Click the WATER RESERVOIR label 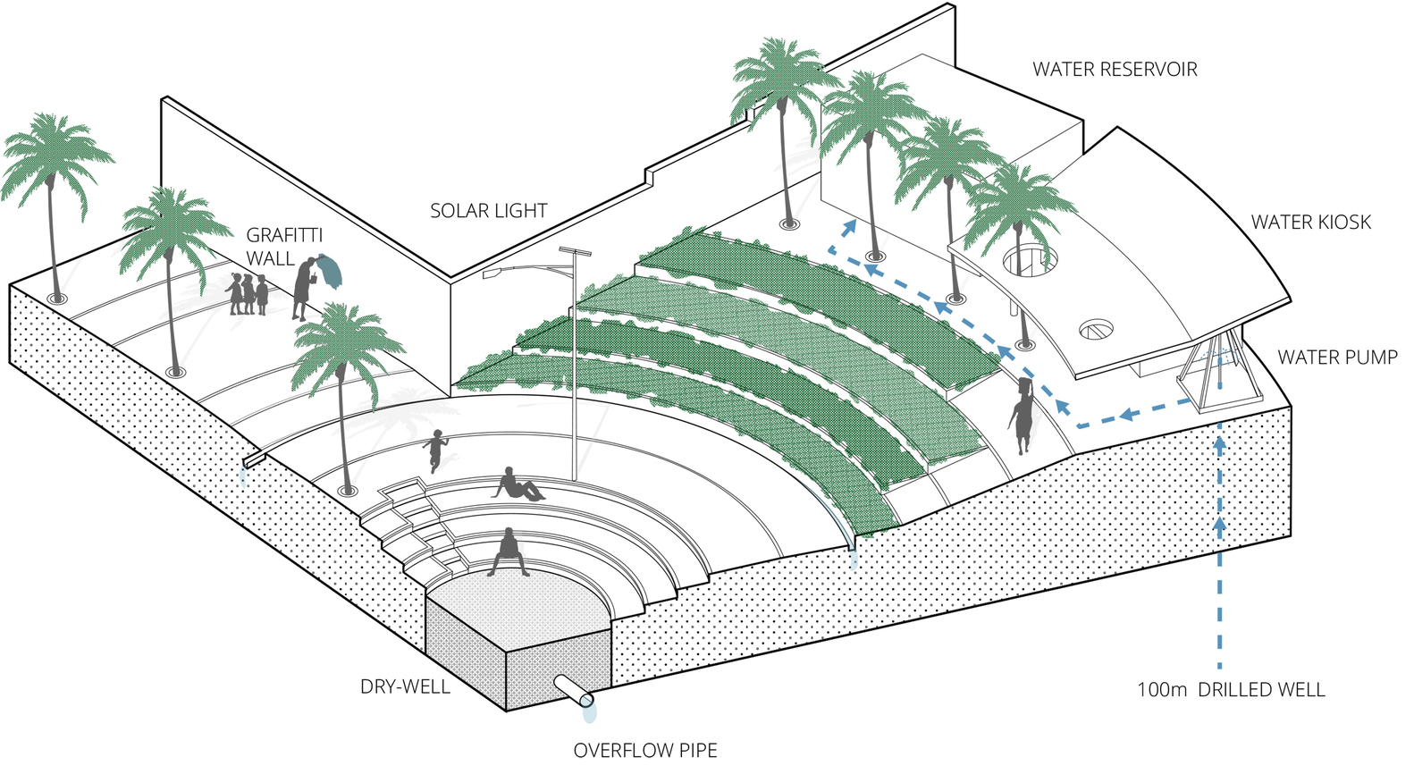click(1114, 70)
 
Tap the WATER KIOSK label click(1309, 223)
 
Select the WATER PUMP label click(1336, 358)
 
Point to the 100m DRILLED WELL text click(1230, 690)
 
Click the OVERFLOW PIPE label click(644, 750)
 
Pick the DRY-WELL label click(405, 686)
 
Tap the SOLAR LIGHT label click(488, 211)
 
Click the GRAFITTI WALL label click(283, 247)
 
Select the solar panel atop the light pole click(577, 253)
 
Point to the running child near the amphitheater click(435, 450)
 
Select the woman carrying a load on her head click(1022, 417)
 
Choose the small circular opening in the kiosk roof click(1094, 330)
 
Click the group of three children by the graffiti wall click(248, 294)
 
